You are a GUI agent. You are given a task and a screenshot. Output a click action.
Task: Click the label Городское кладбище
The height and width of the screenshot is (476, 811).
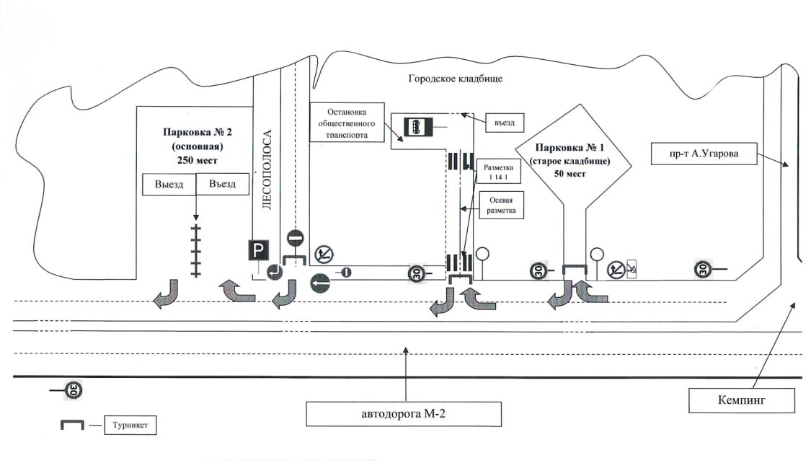coord(455,79)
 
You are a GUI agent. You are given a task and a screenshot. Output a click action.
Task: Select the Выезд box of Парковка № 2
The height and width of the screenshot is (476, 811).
coord(169,185)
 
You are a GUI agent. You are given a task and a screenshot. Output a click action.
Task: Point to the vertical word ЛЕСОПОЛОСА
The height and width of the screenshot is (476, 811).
coord(267,169)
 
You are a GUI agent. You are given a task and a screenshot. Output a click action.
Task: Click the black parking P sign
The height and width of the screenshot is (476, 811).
coord(258,250)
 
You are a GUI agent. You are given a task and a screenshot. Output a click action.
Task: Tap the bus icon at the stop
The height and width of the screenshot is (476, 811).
coord(417,127)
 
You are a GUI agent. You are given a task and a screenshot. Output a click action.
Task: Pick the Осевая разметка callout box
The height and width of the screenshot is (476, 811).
coord(501,204)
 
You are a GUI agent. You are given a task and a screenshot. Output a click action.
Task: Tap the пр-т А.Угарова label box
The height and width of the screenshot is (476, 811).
coord(705,153)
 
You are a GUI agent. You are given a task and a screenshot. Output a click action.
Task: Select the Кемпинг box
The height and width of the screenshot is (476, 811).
coord(742,400)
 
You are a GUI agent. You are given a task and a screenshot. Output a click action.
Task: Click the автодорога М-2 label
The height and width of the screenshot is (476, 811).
coord(403,414)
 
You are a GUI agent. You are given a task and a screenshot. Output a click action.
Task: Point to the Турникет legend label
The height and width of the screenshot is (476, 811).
coord(130,426)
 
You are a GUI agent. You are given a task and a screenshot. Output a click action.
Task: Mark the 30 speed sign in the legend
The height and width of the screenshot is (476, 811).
coord(74,390)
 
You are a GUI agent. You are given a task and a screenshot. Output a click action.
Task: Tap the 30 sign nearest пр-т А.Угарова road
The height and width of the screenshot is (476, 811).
coord(704,269)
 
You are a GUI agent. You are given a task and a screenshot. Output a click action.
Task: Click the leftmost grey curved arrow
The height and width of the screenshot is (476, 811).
coord(167,292)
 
